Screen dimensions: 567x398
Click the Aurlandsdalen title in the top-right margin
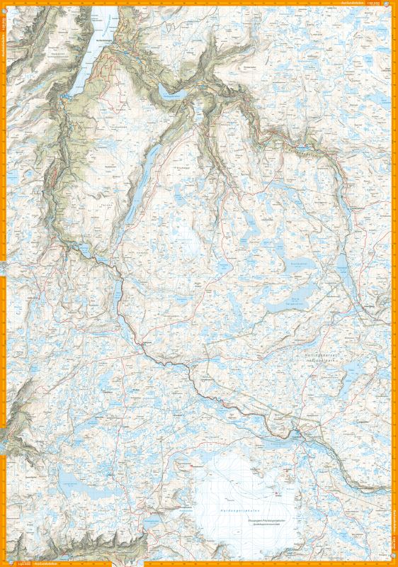tap(351, 3)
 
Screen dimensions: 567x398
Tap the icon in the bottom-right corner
tap(394, 563)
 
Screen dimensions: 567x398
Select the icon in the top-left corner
tap(4, 4)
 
